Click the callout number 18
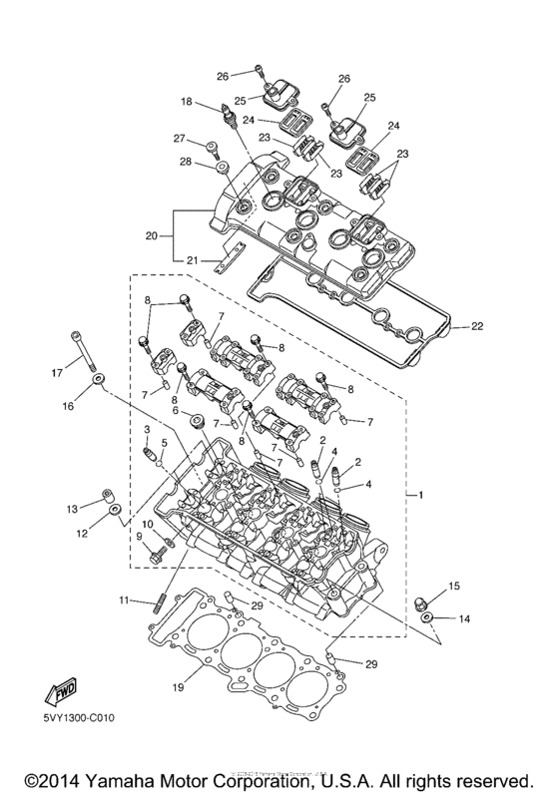click(187, 102)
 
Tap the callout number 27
click(182, 139)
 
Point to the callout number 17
click(57, 373)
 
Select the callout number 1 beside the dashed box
click(420, 495)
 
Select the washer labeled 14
click(427, 619)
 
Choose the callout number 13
click(72, 510)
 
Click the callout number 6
click(175, 410)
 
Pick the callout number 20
click(152, 236)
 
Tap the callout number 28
click(185, 162)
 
